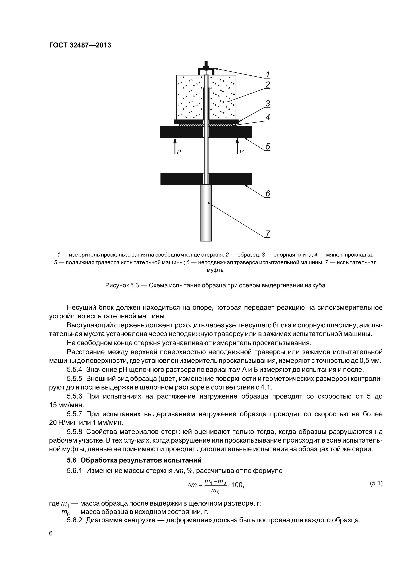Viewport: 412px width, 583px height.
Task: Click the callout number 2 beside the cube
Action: [268, 85]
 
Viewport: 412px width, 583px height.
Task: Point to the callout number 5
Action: [268, 147]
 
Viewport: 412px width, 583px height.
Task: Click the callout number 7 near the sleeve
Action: [268, 233]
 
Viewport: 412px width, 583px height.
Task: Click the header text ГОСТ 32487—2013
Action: [80, 45]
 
